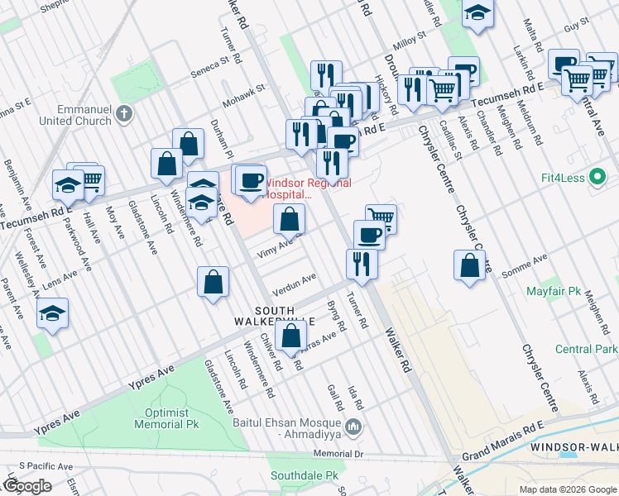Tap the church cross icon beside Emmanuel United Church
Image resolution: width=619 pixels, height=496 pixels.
click(124, 114)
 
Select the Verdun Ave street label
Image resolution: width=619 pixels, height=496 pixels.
click(297, 281)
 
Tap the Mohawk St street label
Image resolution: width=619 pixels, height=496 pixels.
click(247, 88)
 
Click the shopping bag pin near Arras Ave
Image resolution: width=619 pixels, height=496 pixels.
click(290, 336)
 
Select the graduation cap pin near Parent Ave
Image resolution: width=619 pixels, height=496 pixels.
click(52, 314)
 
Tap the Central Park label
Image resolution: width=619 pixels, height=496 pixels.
click(587, 350)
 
